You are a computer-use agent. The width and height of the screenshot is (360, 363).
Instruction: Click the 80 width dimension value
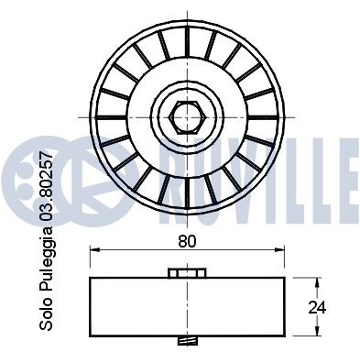point(187,241)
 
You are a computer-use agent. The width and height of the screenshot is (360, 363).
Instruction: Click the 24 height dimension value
point(317,308)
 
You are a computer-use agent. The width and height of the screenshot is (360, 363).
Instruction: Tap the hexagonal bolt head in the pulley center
point(187,117)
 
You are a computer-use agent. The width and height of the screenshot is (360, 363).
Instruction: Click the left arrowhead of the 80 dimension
point(94,250)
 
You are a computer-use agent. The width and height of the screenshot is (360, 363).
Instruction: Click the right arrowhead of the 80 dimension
point(279,250)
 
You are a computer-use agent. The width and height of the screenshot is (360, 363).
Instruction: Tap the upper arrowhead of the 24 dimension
point(318,282)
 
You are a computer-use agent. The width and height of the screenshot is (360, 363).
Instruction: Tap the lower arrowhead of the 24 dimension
point(318,331)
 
